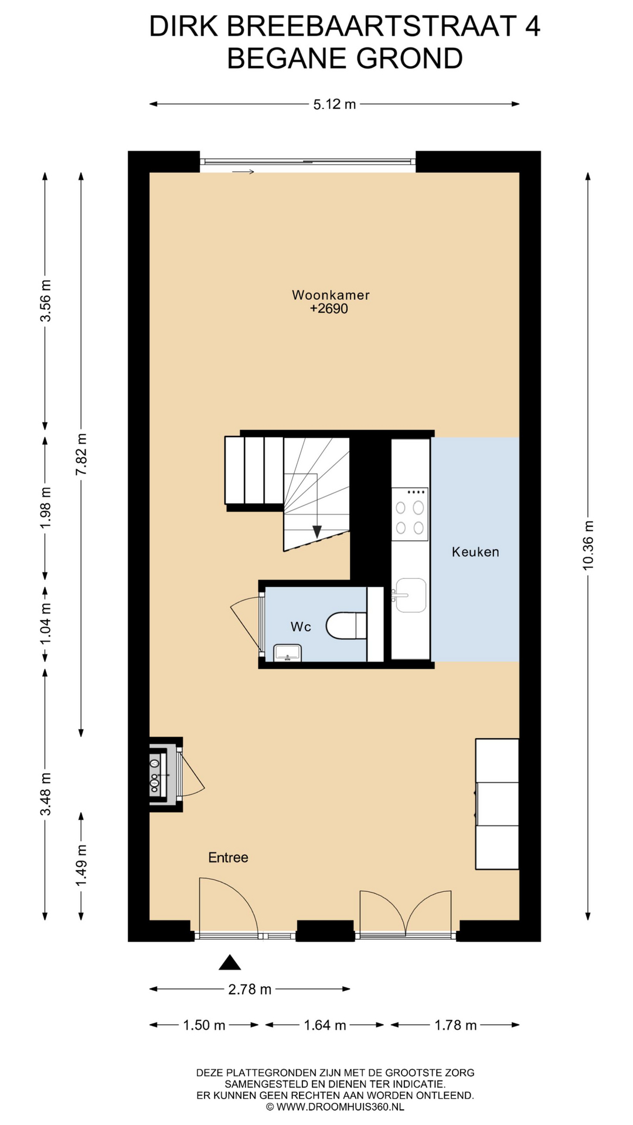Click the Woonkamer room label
[331, 295]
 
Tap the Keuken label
[475, 552]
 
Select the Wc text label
[301, 627]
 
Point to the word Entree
[228, 858]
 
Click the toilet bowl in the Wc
[346, 626]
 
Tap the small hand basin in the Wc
[287, 653]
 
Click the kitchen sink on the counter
[411, 595]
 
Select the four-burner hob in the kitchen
[410, 514]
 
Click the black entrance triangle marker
[230, 962]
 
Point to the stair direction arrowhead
[317, 531]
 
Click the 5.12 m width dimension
[334, 104]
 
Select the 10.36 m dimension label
[588, 545]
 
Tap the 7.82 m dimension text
[81, 455]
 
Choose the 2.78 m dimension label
[250, 990]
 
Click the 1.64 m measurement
[325, 1025]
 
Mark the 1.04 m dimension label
[45, 624]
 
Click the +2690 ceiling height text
[329, 309]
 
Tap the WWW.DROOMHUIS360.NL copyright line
[335, 1107]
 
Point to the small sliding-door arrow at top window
[243, 172]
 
